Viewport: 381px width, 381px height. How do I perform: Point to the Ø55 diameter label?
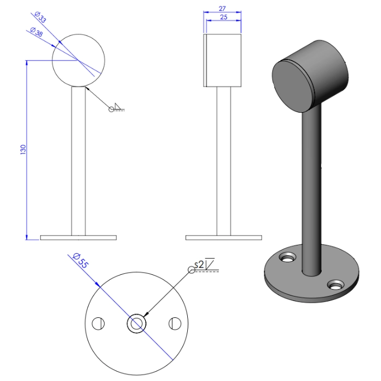(80, 261)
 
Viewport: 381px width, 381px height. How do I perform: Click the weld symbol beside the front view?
(117, 108)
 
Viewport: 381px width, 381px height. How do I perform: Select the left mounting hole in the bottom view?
(98, 323)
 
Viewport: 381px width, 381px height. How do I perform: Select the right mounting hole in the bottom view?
(175, 323)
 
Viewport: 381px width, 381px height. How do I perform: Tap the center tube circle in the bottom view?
(136, 323)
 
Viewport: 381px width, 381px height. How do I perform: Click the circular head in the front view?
(77, 60)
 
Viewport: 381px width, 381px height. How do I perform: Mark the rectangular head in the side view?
(223, 60)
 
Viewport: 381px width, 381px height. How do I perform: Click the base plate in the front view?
(78, 237)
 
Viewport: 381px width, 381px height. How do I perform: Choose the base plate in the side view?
(223, 237)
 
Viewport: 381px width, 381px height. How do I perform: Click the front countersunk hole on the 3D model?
(336, 284)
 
